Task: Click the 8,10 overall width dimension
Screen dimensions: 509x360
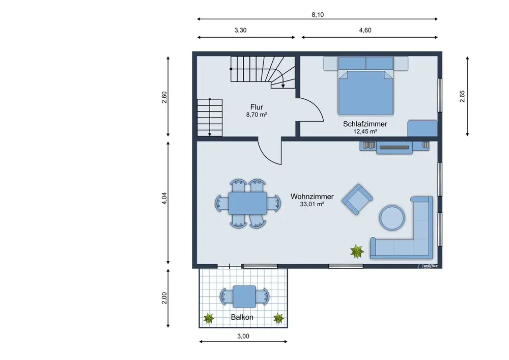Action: (x=318, y=15)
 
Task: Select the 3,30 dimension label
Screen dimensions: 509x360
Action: (x=240, y=30)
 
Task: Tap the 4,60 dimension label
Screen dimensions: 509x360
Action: (x=365, y=30)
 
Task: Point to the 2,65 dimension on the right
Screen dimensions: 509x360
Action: (x=462, y=96)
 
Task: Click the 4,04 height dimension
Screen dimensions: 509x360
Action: (x=164, y=198)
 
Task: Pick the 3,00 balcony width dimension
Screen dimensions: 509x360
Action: (x=243, y=336)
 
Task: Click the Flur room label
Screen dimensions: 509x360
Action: (x=257, y=107)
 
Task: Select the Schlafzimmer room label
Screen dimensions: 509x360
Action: (x=365, y=124)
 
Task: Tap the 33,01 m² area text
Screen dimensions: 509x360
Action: (x=312, y=204)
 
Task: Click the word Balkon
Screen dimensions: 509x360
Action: (x=242, y=317)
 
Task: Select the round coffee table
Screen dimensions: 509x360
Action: (x=392, y=217)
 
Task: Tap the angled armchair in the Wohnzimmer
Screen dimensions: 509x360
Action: (x=357, y=199)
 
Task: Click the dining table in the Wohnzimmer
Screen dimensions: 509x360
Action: (x=248, y=203)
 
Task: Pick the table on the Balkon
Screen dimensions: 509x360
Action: (x=244, y=296)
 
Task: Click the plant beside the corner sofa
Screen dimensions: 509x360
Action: (x=357, y=252)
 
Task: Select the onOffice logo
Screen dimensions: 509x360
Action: (x=428, y=266)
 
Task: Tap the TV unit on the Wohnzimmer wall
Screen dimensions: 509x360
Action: (x=394, y=147)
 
